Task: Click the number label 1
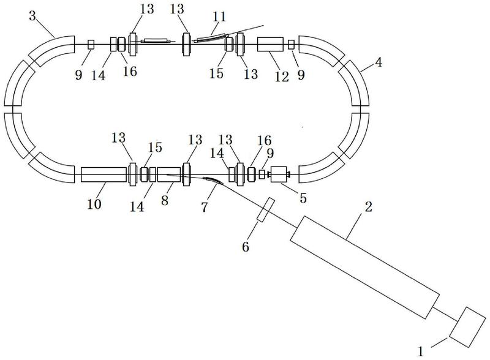(421, 351)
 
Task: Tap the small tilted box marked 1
(467, 327)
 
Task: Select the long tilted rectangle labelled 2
(364, 268)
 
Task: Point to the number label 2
(369, 206)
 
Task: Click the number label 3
(32, 16)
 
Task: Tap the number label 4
(379, 62)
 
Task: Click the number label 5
(303, 198)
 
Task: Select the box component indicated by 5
(279, 174)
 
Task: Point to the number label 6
(246, 247)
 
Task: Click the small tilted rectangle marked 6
(266, 209)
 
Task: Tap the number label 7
(204, 207)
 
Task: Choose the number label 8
(165, 200)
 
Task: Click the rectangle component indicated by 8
(169, 174)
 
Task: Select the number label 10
(94, 204)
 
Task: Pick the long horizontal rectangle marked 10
(104, 174)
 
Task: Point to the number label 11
(219, 17)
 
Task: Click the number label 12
(282, 77)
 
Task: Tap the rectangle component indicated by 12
(270, 44)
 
